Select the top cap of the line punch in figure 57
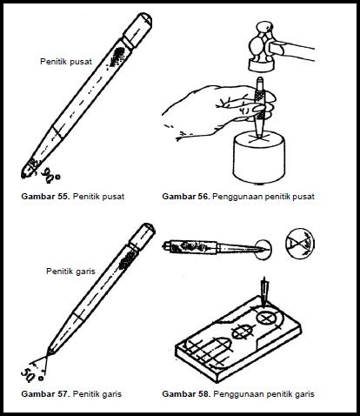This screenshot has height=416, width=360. [x=143, y=236]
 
